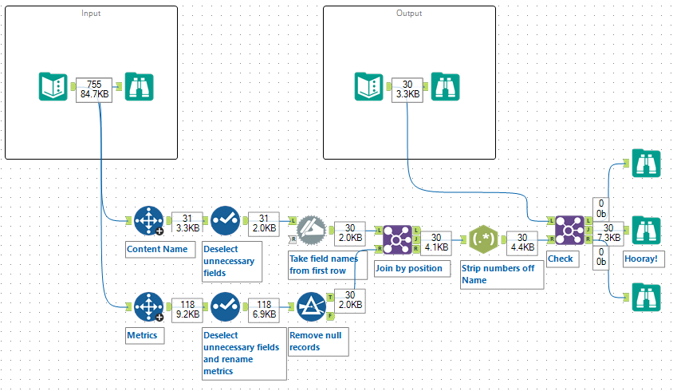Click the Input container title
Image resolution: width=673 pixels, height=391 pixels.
point(91,14)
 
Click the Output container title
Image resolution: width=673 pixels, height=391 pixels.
point(409,14)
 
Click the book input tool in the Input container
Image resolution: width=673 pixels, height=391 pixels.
point(53,87)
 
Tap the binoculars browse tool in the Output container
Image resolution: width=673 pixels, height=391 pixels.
point(446,87)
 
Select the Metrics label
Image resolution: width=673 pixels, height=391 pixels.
point(144,335)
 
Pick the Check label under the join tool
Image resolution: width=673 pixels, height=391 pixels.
point(560,258)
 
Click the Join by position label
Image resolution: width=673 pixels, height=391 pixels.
point(408,268)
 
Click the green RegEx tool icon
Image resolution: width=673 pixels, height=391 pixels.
point(485,237)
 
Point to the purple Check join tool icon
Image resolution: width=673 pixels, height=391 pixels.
point(569,230)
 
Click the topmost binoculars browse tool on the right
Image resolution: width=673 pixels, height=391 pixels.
point(646,164)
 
